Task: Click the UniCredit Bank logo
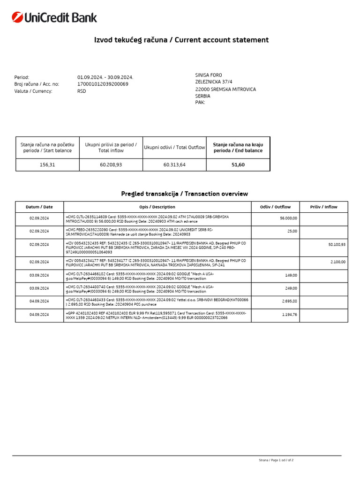coord(54,18)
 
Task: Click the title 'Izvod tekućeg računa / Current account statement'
coord(181,40)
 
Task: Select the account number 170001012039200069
coord(103,84)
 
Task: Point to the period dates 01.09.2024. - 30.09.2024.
coord(105,77)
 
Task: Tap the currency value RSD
coord(82,91)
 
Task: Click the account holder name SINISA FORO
coord(209,75)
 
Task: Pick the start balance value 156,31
coord(47,165)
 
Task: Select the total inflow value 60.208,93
coord(111,165)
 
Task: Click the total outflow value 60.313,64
coord(174,165)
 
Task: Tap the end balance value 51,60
coord(238,165)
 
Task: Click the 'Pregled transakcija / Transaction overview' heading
coord(184,194)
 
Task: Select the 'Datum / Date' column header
coord(39,207)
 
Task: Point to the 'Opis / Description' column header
coord(157,207)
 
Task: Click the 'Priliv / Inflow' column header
coord(323,207)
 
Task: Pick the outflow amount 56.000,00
coord(288,218)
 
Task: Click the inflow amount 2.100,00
coord(337,262)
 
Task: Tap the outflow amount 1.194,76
coord(289,315)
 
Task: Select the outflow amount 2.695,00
coord(289,301)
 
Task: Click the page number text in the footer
coord(276,460)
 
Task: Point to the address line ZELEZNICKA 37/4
coord(214,82)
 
